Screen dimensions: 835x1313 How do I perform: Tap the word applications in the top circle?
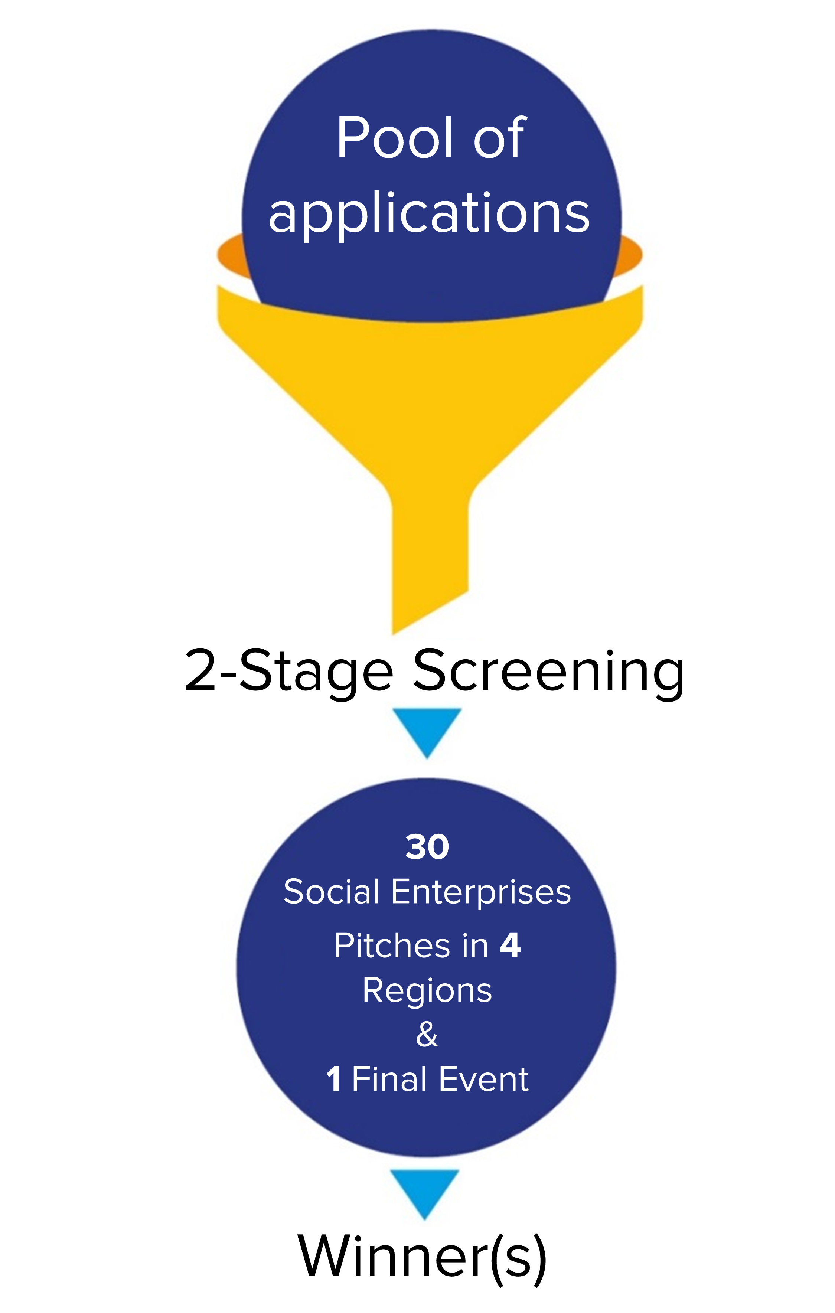pyautogui.click(x=429, y=214)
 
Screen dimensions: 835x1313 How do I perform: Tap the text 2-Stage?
pyautogui.click(x=288, y=672)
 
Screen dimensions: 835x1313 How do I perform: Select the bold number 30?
pyautogui.click(x=427, y=847)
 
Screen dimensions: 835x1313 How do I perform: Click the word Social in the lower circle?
pyautogui.click(x=332, y=892)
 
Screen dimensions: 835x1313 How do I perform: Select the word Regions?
pyautogui.click(x=427, y=991)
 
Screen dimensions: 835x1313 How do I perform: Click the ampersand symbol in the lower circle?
pyautogui.click(x=427, y=1034)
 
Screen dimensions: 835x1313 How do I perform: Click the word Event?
pyautogui.click(x=484, y=1079)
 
